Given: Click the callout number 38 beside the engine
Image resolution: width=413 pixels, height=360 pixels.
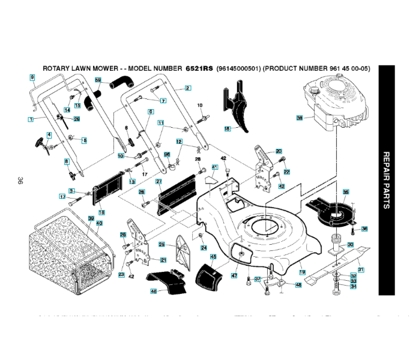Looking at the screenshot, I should [x=299, y=118].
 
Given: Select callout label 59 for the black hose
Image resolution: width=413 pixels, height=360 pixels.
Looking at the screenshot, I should [x=98, y=80].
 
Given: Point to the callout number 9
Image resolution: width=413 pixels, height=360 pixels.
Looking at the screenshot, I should [x=32, y=77].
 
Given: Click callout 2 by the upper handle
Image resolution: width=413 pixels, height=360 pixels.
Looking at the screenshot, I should [x=188, y=88].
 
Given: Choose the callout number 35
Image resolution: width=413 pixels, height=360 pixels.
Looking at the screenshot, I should [x=345, y=191].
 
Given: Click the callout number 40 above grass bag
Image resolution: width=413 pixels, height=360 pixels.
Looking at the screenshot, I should [x=99, y=223].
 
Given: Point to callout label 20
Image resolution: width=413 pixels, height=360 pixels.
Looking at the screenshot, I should [x=279, y=151].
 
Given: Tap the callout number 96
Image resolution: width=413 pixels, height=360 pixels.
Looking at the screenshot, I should [x=167, y=154].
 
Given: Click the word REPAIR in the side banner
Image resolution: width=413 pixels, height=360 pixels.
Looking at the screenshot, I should [x=386, y=164].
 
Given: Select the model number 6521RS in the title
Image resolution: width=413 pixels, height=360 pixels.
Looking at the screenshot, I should [x=200, y=68].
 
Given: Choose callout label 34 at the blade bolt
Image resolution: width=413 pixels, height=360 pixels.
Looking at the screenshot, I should [x=354, y=286].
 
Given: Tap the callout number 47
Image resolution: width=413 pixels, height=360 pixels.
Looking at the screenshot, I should [x=234, y=275].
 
